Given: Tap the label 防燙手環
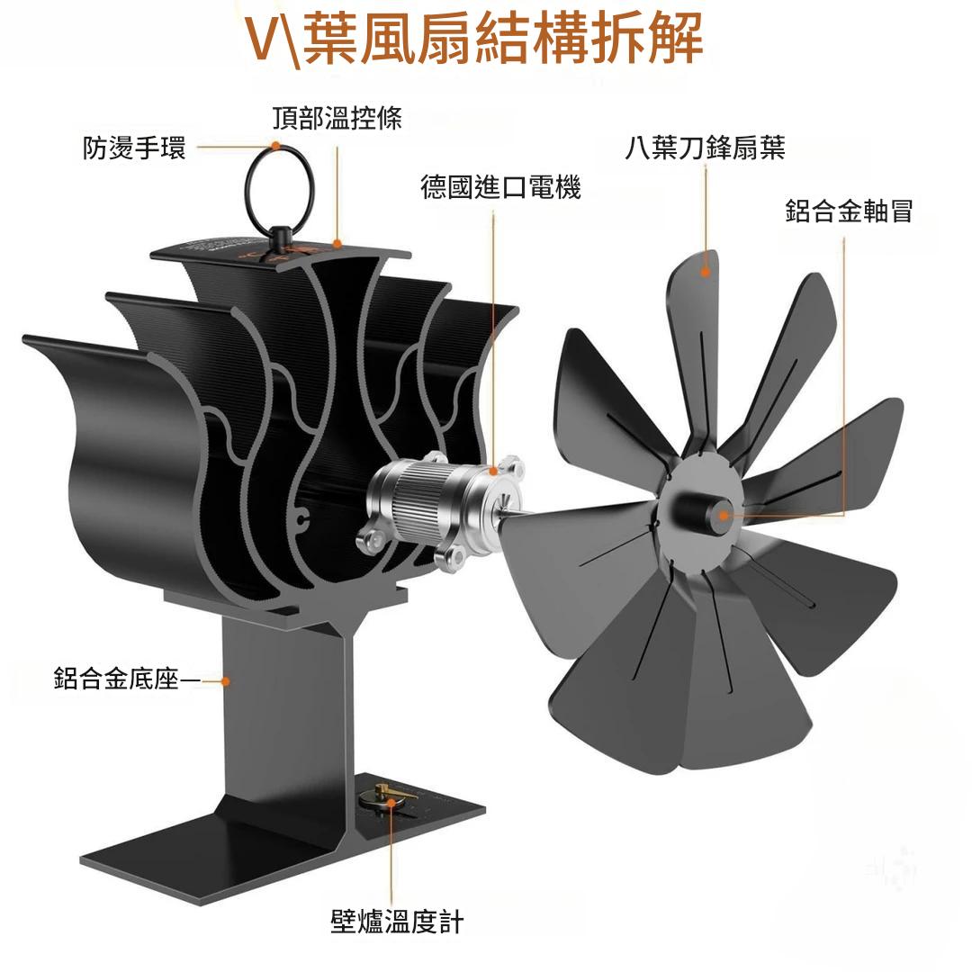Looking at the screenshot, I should pos(134,148).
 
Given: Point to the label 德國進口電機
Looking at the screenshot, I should pos(500,187).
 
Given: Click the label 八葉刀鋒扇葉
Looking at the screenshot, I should pos(705,148).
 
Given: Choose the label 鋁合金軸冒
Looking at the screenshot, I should pos(849,211).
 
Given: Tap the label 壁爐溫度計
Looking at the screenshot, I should pos(397,922).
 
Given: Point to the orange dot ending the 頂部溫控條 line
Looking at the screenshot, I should pos(337,242).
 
